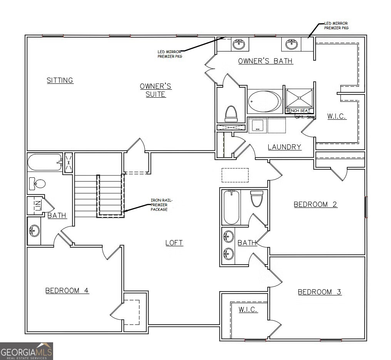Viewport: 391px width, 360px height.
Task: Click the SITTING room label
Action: (x=60, y=80)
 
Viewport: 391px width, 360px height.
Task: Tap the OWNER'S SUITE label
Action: (x=155, y=90)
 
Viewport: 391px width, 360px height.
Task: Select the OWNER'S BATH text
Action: (x=265, y=61)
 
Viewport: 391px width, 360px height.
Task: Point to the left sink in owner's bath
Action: (x=239, y=44)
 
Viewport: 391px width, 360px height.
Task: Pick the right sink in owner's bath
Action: (x=292, y=44)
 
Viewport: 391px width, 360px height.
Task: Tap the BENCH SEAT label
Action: (x=298, y=111)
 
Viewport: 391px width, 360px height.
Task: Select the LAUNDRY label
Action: (x=284, y=147)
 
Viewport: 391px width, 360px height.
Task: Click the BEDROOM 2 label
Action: (x=316, y=204)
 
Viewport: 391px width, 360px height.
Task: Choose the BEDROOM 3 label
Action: (x=319, y=292)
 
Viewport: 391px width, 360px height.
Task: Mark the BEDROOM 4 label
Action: (x=67, y=290)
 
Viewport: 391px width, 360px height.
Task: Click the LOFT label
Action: (x=174, y=243)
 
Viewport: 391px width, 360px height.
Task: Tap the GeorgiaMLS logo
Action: (x=27, y=351)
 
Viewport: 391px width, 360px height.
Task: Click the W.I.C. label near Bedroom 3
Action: (x=248, y=309)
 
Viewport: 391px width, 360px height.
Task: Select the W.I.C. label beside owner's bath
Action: (x=337, y=116)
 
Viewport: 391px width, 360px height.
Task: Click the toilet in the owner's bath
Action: (x=231, y=113)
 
